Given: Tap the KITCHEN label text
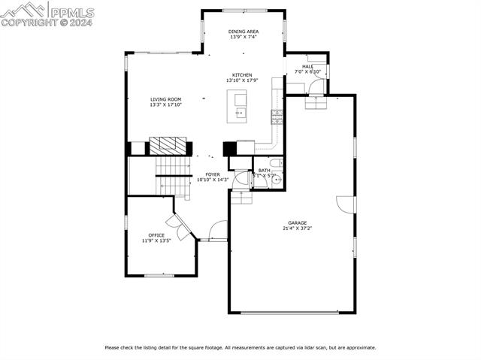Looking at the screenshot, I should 241,75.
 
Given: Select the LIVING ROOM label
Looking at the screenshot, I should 165,99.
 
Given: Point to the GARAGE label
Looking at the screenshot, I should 297,223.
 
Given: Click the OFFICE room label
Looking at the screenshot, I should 156,235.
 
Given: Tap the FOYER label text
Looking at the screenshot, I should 213,174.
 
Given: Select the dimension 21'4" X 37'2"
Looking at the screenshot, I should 297,229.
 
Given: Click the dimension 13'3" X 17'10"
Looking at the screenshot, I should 165,104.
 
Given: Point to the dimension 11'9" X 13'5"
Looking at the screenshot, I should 156,241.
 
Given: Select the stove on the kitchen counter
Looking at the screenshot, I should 277,115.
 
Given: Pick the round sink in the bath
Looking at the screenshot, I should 275,179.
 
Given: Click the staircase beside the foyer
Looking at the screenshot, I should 171,174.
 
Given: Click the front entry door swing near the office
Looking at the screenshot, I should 217,230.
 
